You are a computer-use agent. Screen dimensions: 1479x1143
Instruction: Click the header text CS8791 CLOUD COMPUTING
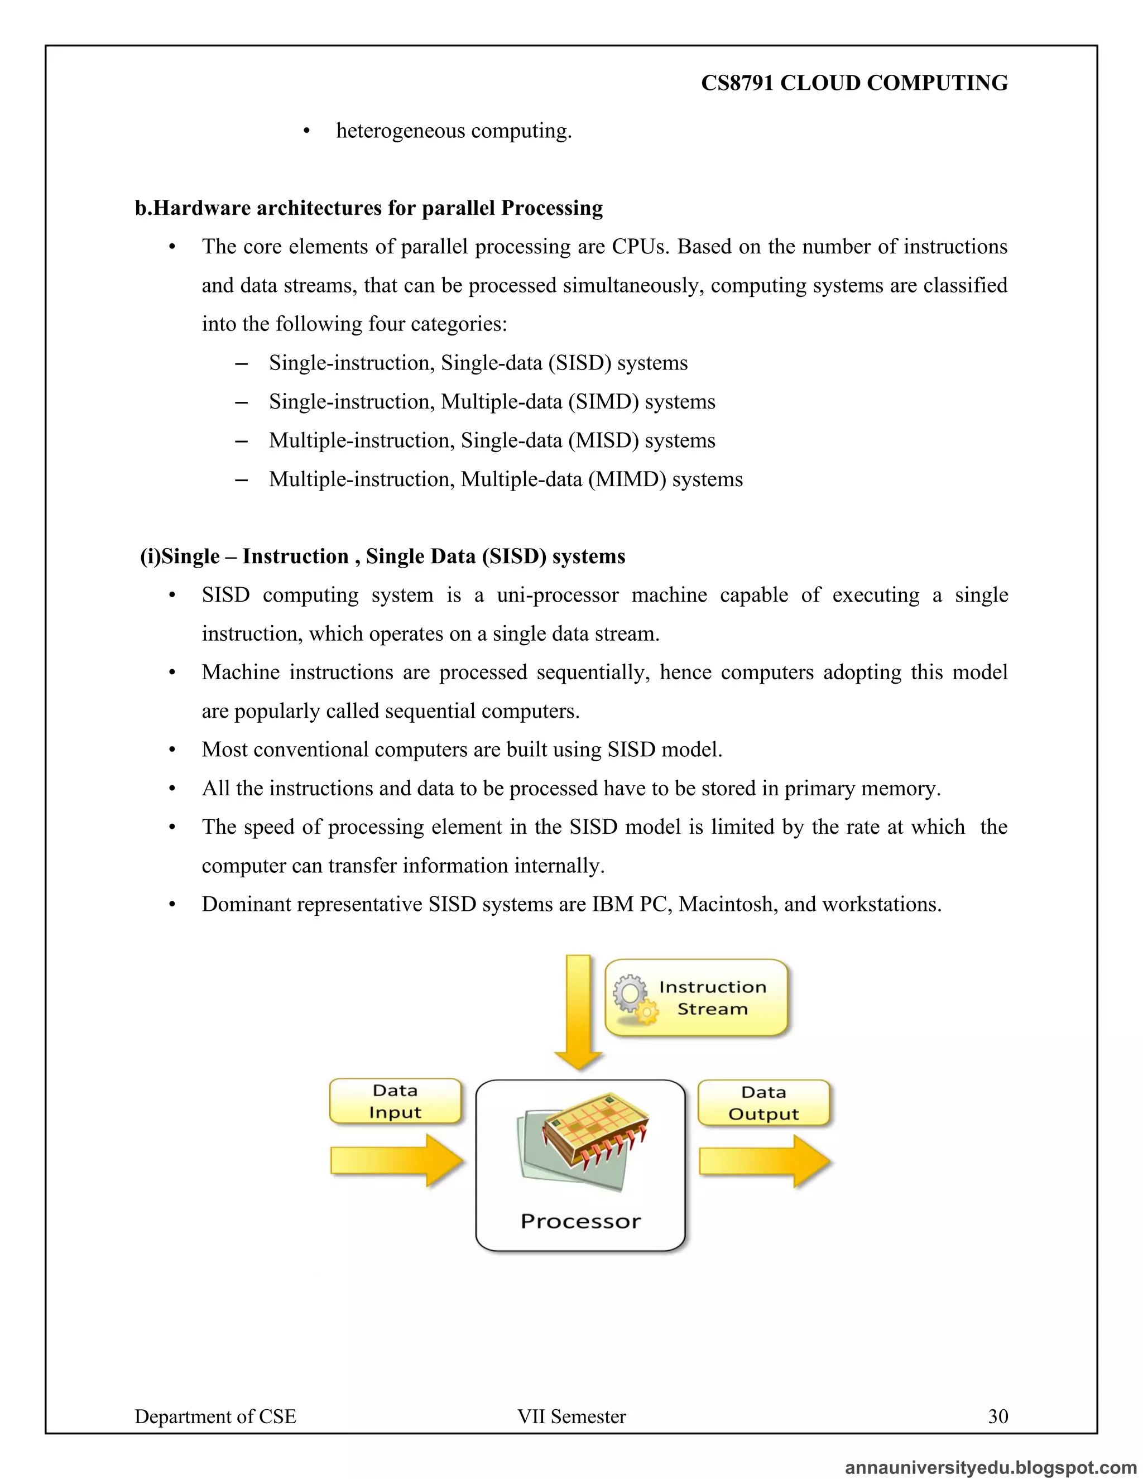coord(854,83)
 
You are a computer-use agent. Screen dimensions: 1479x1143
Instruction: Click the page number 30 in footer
coord(997,1416)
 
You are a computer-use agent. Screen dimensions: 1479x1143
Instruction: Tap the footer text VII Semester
coord(571,1416)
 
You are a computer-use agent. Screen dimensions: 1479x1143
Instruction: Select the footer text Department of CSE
coord(215,1416)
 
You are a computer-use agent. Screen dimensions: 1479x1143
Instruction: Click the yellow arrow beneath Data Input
coord(397,1161)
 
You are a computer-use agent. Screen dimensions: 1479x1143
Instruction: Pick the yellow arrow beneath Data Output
coord(765,1161)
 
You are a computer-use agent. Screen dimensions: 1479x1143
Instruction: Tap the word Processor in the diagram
coord(580,1221)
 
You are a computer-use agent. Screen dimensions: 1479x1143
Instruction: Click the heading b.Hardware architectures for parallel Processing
coord(368,208)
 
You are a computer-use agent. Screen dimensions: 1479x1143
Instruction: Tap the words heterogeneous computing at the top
coord(454,131)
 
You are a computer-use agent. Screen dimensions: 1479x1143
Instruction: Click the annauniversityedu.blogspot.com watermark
coord(991,1467)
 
